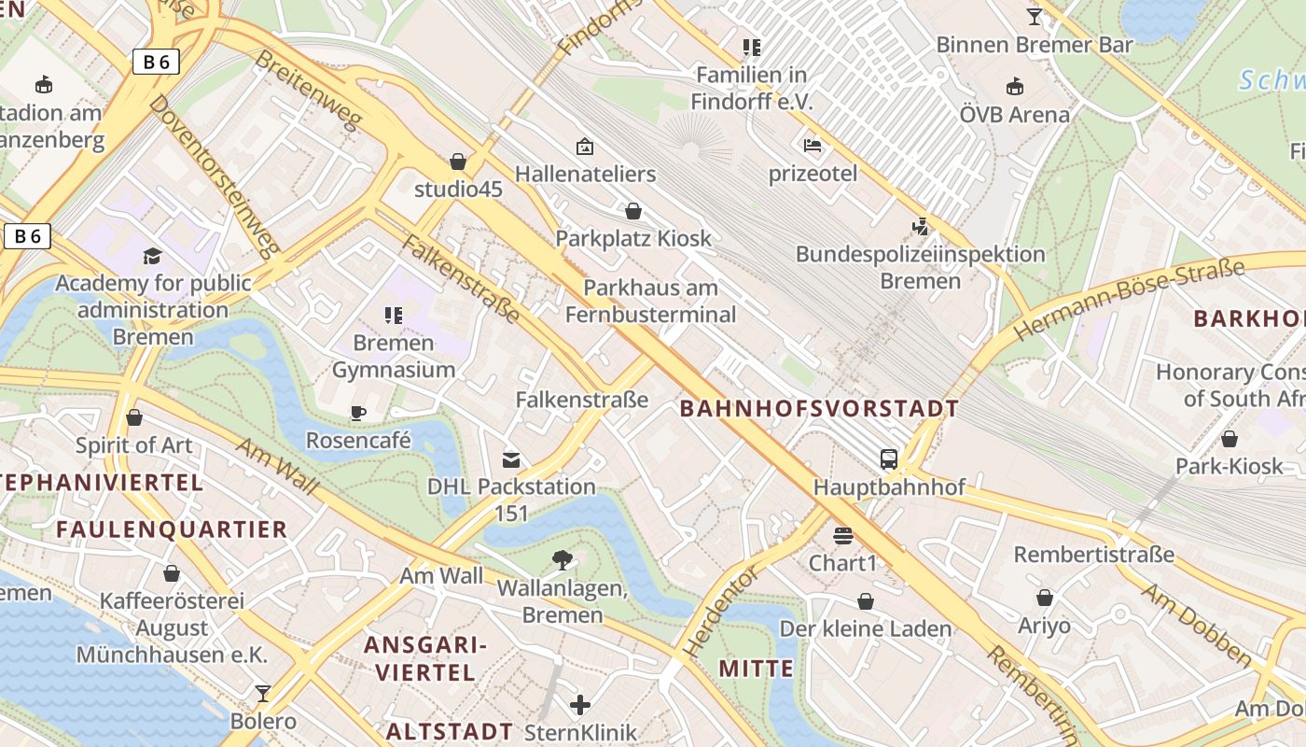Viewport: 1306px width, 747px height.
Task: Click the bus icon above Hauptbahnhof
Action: (889, 459)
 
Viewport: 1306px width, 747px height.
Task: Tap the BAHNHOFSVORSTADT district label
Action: (819, 408)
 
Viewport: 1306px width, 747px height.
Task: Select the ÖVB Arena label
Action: (1014, 115)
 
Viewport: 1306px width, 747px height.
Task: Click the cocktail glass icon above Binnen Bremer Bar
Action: (1034, 17)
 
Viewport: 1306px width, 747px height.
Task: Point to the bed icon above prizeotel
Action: (813, 146)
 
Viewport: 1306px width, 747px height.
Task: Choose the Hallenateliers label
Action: (585, 174)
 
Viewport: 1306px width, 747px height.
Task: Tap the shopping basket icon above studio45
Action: (458, 162)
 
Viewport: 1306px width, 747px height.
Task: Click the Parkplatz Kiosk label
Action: (633, 238)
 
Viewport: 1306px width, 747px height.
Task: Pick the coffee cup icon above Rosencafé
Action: (357, 413)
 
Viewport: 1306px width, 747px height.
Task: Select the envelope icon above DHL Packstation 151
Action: (511, 459)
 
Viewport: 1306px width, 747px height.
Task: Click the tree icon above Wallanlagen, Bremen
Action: (562, 560)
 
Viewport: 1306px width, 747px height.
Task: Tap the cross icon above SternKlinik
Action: (580, 704)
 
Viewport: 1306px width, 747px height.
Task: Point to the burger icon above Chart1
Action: (843, 536)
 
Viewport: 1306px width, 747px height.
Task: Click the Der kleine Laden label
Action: (865, 628)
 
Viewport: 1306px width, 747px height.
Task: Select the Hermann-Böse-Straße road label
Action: (1129, 300)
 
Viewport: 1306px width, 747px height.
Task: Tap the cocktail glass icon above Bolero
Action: (263, 694)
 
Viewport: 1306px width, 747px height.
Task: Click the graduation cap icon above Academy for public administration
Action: (152, 256)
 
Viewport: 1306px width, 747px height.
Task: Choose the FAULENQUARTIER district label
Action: (172, 529)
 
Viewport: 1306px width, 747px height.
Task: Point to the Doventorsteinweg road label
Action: (215, 175)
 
